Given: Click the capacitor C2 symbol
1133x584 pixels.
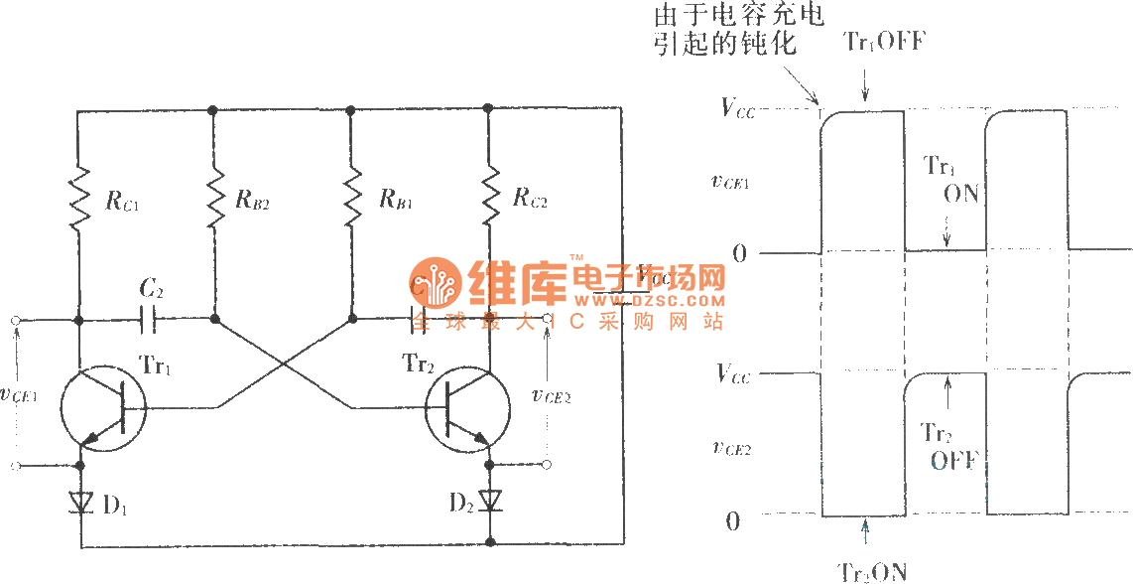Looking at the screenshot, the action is pyautogui.click(x=150, y=320).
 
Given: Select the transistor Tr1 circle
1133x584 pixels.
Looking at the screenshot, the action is pyautogui.click(x=102, y=408).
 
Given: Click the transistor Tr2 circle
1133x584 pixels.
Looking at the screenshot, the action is pyautogui.click(x=467, y=408).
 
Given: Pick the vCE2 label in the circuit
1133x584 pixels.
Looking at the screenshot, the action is pyautogui.click(x=551, y=395).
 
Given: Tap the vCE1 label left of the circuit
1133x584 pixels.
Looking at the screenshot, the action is pyautogui.click(x=19, y=393).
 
